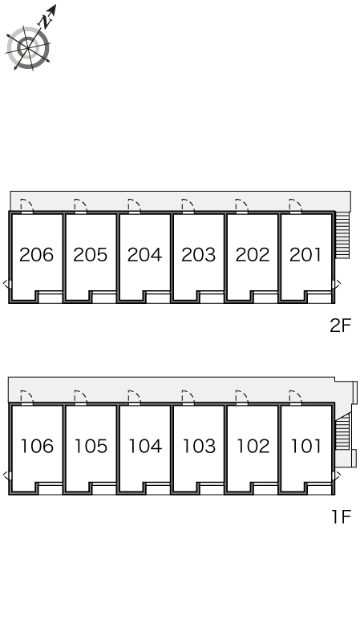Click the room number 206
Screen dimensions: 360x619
pos(36,255)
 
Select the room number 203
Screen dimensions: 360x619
pos(199,255)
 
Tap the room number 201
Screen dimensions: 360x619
pos(305,255)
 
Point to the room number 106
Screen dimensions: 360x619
pos(37,446)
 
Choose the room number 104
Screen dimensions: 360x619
pos(145,446)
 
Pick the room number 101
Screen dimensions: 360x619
pos(306,446)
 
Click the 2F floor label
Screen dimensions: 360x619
pos(340,326)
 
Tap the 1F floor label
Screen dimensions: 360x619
pos(342,516)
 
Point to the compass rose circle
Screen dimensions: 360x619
pos(28,48)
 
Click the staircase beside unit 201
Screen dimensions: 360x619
pos(342,235)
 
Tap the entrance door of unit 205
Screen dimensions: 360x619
pos(80,206)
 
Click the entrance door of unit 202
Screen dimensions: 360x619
pos(241,206)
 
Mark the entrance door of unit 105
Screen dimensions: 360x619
pos(80,398)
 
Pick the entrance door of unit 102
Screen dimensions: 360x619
pos(241,398)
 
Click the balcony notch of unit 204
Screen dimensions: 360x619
pos(158,297)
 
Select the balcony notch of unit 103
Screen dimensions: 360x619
pos(212,488)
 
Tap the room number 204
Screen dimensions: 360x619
pos(144,255)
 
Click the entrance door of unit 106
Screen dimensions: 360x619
pos(26,398)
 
